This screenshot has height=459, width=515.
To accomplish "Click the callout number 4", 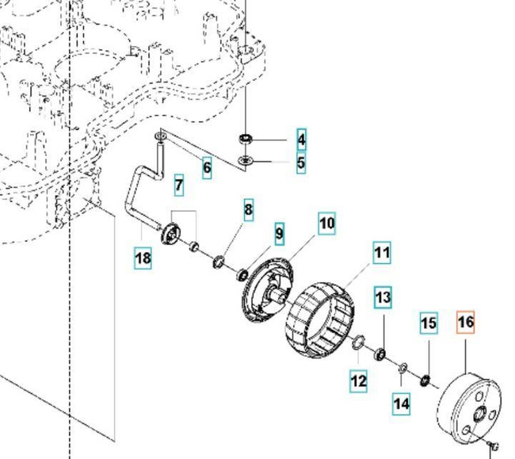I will pos(301,140).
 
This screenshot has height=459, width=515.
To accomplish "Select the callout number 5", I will pos(301,163).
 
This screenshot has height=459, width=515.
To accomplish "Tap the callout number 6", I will pos(207,167).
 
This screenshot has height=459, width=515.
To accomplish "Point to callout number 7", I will pos(179,186).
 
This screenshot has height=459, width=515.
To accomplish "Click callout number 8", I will pos(248,210).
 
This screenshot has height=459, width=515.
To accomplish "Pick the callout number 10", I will pos(327,224).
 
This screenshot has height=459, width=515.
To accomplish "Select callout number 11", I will pos(382,254).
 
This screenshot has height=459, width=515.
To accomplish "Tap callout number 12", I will pos(359,381).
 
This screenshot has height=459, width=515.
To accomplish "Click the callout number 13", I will pos(383,298).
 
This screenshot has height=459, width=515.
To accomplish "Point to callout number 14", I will pos(402,404).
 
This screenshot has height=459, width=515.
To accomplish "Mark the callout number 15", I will pos(428,323).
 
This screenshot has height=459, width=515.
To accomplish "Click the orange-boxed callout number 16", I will pos(465,322).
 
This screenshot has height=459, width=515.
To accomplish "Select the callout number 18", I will pos(143,258).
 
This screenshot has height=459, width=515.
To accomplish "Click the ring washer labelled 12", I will pos(358,342).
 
